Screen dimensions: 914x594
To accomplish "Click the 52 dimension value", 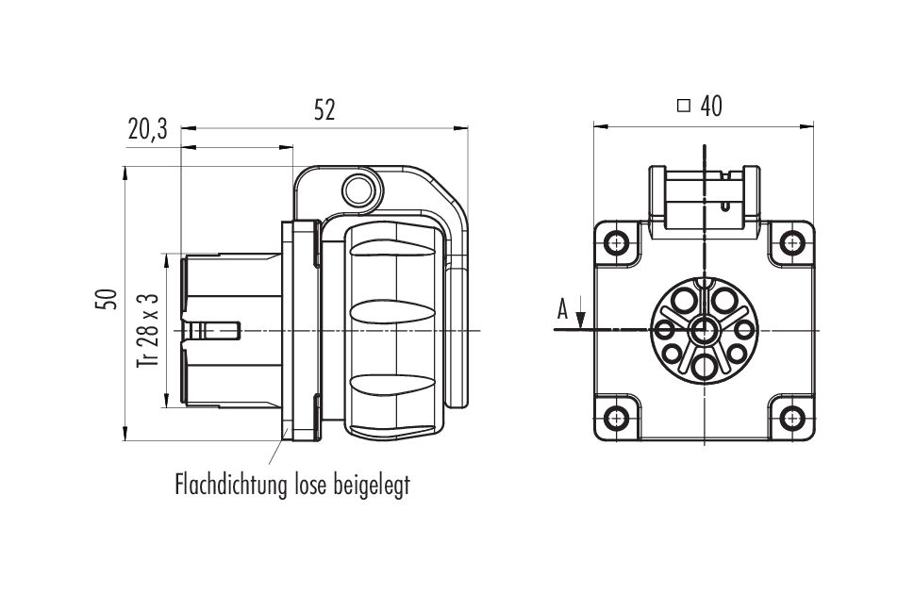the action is (x=324, y=110).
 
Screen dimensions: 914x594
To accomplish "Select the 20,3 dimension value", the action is (x=147, y=129).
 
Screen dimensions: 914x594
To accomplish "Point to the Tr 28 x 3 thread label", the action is (x=148, y=330).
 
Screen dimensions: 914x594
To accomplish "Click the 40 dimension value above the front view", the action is (x=711, y=107).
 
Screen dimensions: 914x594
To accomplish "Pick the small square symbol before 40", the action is (x=684, y=107).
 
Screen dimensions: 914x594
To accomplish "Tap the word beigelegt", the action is (x=372, y=486).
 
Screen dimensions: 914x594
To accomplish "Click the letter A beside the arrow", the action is (x=562, y=309).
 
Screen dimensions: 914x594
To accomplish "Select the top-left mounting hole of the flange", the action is (x=616, y=243).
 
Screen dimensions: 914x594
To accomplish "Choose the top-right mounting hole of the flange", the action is (x=791, y=243).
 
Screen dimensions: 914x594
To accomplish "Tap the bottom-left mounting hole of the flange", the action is (x=616, y=418).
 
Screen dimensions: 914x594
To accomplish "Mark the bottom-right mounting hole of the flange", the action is (x=791, y=418).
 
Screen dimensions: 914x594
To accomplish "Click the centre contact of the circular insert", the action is (x=705, y=331).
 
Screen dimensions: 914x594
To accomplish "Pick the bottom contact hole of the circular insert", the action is (x=705, y=367).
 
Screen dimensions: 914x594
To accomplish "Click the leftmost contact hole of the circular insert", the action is (x=665, y=331).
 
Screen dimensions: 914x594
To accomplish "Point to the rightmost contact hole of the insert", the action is (x=744, y=331).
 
